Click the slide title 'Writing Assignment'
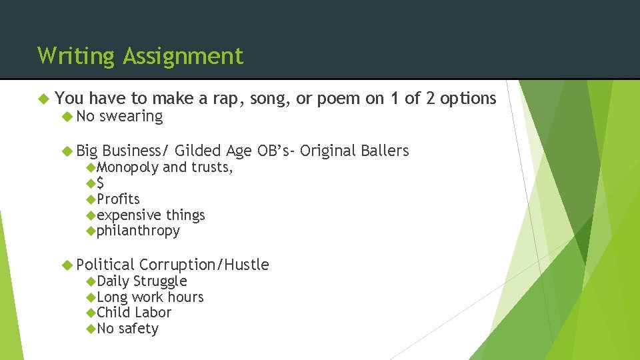pyautogui.click(x=141, y=56)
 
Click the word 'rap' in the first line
pyautogui.click(x=229, y=99)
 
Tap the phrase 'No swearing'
pyautogui.click(x=119, y=116)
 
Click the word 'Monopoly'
pyautogui.click(x=127, y=167)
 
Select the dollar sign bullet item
pyautogui.click(x=100, y=183)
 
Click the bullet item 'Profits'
pyautogui.click(x=118, y=199)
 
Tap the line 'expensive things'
pyautogui.click(x=151, y=215)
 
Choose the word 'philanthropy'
pyautogui.click(x=138, y=231)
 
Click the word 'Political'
pyautogui.click(x=105, y=265)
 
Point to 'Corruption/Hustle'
pyautogui.click(x=204, y=265)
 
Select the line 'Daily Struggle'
pyautogui.click(x=141, y=281)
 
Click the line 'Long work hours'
pyautogui.click(x=150, y=297)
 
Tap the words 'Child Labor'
pyautogui.click(x=134, y=313)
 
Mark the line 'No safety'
pyautogui.click(x=127, y=329)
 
